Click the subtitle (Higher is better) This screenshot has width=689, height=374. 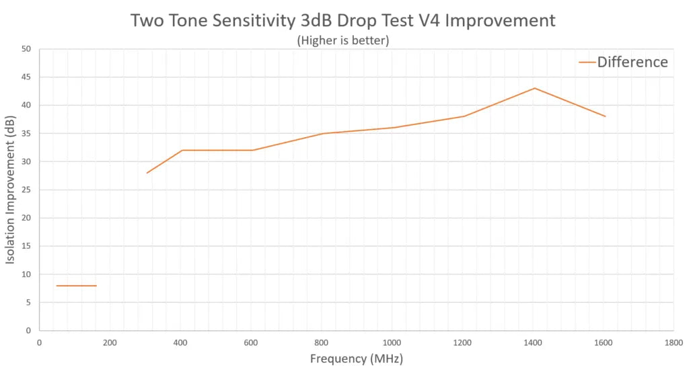343,40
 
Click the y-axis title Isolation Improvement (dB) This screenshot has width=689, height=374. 11,190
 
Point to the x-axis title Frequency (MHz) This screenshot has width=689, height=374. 356,359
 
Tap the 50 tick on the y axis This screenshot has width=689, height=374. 26,49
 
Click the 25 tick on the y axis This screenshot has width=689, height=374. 26,190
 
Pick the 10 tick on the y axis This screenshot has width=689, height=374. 26,274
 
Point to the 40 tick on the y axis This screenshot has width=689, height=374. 26,106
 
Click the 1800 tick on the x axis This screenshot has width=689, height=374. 674,342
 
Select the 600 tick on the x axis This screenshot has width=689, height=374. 251,342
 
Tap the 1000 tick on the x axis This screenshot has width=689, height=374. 392,342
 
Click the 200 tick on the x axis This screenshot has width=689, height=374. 110,342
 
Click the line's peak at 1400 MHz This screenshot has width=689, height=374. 534,88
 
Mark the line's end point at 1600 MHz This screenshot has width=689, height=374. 605,116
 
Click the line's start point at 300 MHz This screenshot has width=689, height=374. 147,173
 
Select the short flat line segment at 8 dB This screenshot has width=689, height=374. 77,286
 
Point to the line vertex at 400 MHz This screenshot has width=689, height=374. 182,150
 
